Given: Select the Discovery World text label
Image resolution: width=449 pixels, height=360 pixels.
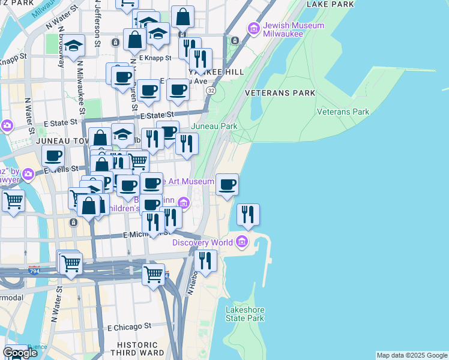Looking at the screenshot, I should coord(202,242).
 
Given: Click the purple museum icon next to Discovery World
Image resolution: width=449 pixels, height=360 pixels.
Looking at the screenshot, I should coord(242,242).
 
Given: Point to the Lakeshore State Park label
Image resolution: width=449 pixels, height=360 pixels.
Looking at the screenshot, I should coord(245,314).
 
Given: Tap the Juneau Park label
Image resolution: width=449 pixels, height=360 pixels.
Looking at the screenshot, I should coord(214,127).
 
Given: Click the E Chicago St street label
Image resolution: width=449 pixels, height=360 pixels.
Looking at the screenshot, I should coord(129,328).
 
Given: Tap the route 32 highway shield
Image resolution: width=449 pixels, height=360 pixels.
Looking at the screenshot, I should coord(211,89).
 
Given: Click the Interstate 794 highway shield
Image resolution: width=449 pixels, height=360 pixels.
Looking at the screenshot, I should coord(34,271).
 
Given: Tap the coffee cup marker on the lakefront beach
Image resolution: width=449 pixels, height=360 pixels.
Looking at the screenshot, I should coord(227,185).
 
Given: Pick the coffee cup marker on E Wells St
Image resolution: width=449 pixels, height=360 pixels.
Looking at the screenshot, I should coord(53,157).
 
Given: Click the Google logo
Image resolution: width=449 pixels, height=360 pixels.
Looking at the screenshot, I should coord(20,353).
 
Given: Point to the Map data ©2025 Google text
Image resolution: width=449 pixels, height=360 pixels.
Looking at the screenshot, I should coord(411,355).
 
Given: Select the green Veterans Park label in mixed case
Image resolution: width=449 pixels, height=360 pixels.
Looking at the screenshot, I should coord(343,112).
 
